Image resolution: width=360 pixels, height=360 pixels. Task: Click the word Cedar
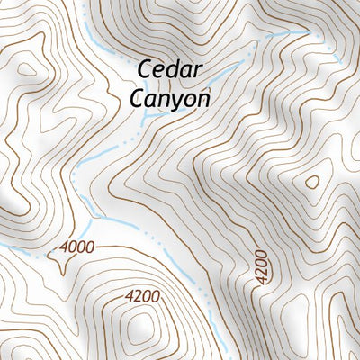[x=170, y=70]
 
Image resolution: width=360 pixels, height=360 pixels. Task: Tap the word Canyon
[x=170, y=98]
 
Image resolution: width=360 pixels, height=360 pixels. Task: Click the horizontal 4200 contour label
[x=142, y=295]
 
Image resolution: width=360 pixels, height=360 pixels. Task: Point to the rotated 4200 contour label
[x=261, y=269]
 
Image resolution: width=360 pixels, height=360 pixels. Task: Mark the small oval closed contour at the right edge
[x=312, y=182]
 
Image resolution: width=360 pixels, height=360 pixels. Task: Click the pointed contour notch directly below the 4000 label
[x=61, y=268]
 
